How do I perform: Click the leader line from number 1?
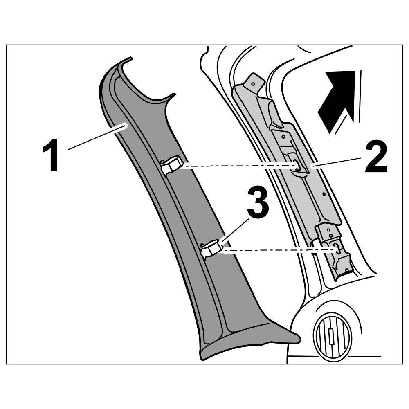(96, 137)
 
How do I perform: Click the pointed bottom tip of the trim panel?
(298, 338)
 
